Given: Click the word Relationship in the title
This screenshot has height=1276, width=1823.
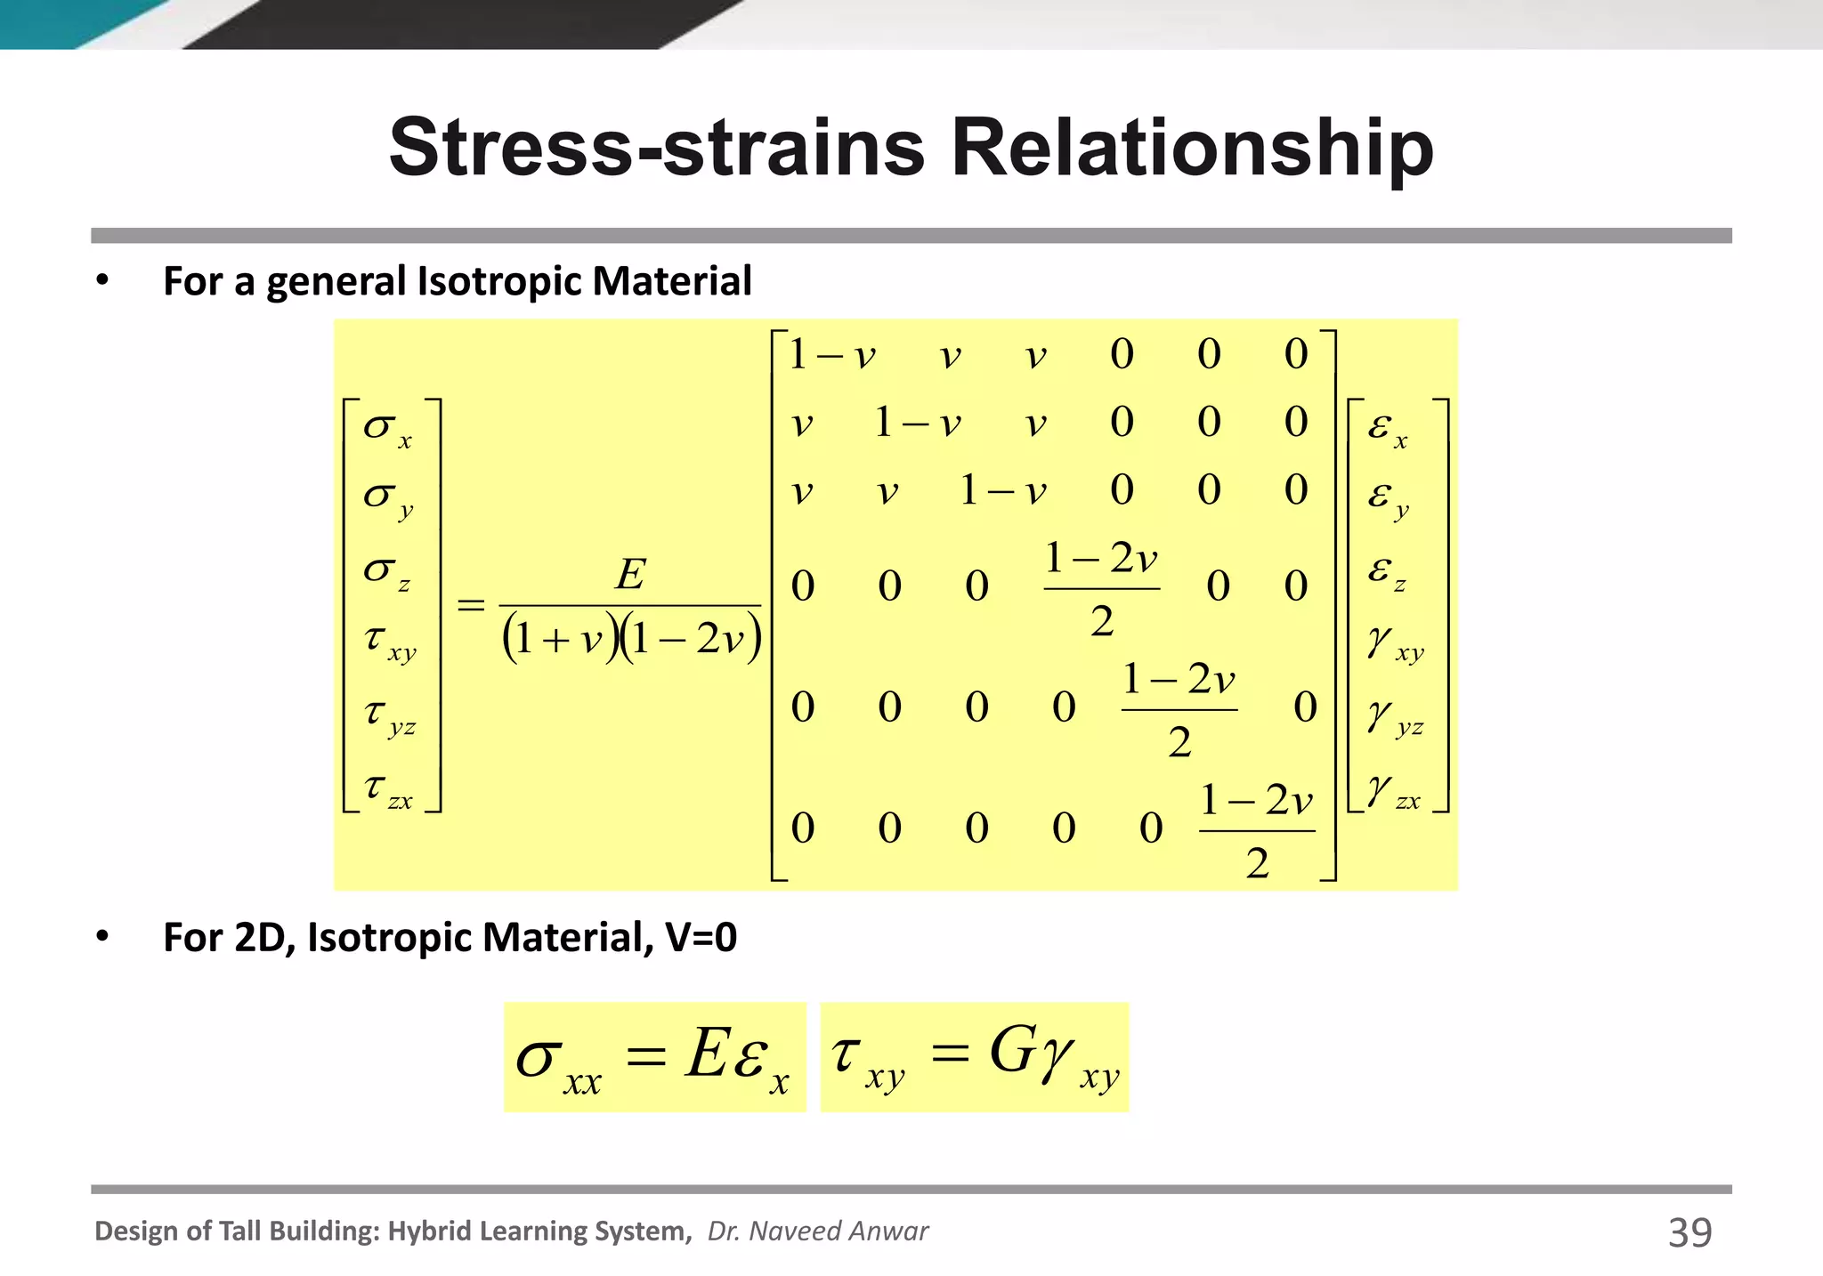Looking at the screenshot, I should pos(1192,148).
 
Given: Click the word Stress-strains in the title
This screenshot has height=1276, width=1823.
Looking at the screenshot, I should pos(658,148).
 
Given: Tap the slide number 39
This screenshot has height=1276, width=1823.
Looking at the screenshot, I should pos(1689,1232).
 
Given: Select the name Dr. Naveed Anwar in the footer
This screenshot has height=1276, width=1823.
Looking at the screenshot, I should pos(817,1231).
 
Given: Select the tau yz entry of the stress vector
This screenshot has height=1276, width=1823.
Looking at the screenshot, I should pos(389,716).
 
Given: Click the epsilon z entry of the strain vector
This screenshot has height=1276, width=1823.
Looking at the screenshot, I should pos(1387,570).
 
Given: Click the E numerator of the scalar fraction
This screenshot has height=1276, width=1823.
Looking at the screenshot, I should pos(630,574).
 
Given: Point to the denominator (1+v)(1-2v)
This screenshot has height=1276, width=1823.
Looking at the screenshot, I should pos(631,638).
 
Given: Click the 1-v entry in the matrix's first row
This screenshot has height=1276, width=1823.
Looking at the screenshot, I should pos(832,355).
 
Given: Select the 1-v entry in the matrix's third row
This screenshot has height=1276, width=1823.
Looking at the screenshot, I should pos(1003,490).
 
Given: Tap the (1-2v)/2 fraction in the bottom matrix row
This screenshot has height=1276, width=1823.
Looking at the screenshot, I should pos(1256,830).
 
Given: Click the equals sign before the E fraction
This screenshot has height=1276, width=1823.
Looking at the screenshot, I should pos(471,605).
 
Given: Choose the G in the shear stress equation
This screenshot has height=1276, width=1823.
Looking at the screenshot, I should pos(1011,1051).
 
